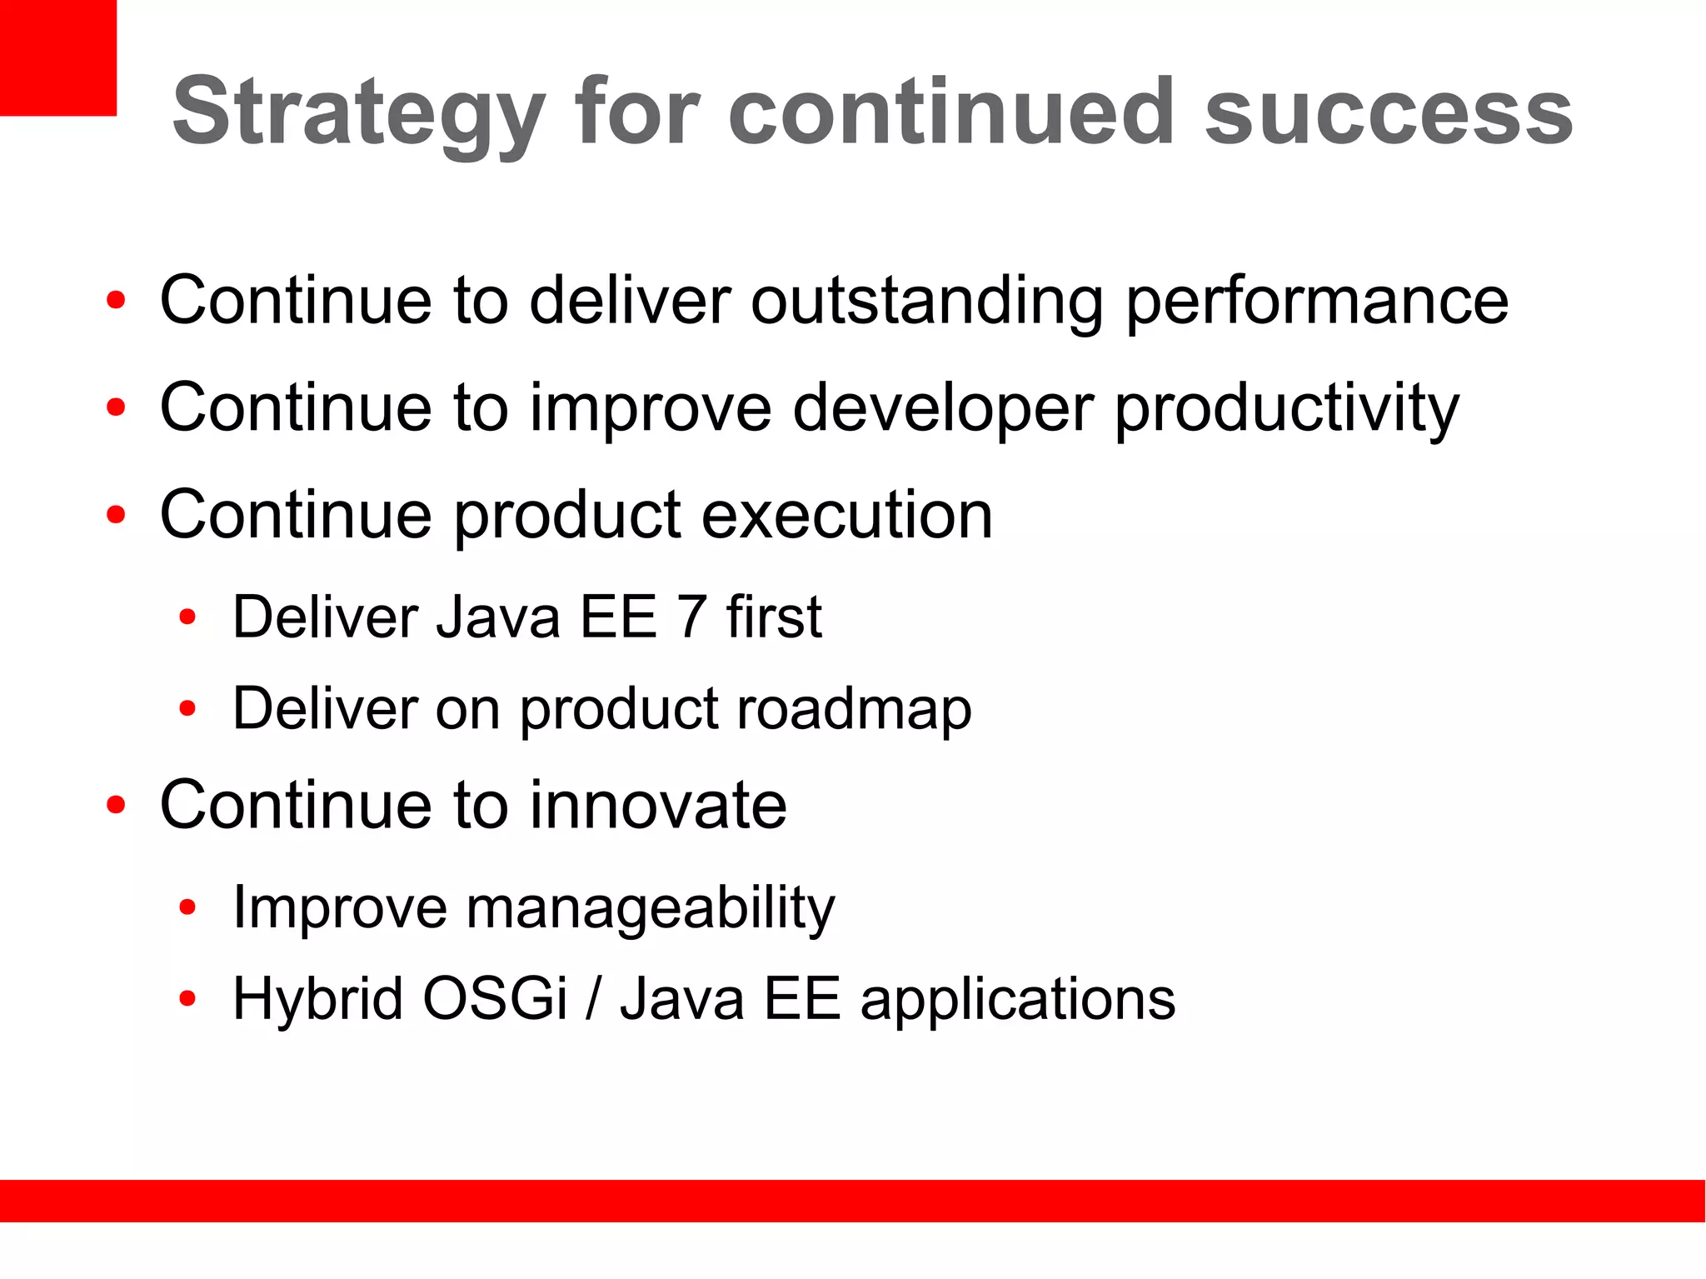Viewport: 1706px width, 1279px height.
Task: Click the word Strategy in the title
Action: click(x=358, y=112)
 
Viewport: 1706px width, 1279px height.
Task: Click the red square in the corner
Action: click(x=57, y=57)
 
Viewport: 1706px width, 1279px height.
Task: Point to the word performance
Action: click(x=1317, y=302)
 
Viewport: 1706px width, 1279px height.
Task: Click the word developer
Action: click(x=943, y=408)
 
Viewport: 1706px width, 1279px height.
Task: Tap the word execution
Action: click(x=847, y=515)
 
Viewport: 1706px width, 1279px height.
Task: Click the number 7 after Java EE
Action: click(x=691, y=617)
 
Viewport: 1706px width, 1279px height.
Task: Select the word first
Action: click(x=774, y=617)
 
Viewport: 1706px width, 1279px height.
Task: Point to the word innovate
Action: click(x=658, y=805)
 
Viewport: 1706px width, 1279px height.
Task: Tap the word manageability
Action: click(x=650, y=908)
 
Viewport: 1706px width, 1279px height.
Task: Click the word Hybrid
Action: click(x=318, y=999)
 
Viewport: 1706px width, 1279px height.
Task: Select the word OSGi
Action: click(x=495, y=999)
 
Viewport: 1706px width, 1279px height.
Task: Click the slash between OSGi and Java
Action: click(x=592, y=999)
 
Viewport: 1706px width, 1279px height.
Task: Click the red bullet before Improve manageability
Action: click(x=187, y=907)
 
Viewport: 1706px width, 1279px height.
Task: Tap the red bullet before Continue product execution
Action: click(x=116, y=515)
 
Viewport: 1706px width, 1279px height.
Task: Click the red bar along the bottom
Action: click(x=853, y=1201)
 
